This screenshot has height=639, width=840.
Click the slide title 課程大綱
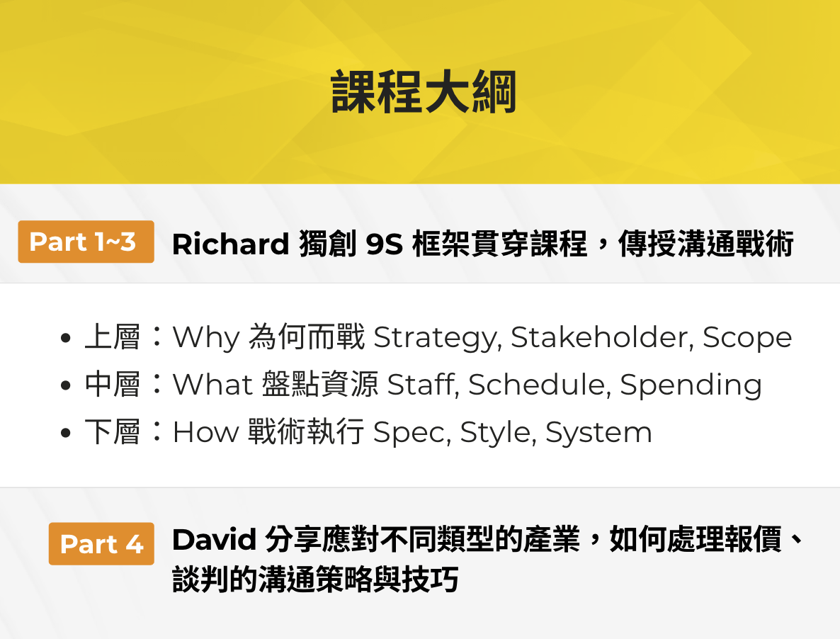pyautogui.click(x=424, y=92)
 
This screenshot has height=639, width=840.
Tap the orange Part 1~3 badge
pyautogui.click(x=86, y=242)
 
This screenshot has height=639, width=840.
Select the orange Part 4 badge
pyautogui.click(x=101, y=543)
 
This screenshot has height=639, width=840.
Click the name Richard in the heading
pyautogui.click(x=230, y=244)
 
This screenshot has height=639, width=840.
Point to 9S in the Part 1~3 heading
pyautogui.click(x=384, y=244)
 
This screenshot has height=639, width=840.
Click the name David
pyautogui.click(x=215, y=539)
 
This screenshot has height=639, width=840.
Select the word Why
pyautogui.click(x=206, y=338)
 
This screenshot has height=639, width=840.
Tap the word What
pyautogui.click(x=212, y=385)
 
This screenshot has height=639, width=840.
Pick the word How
pyautogui.click(x=205, y=431)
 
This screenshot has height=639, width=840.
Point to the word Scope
pyautogui.click(x=747, y=338)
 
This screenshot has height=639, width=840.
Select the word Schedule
pyautogui.click(x=540, y=385)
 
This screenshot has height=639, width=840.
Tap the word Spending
pyautogui.click(x=691, y=385)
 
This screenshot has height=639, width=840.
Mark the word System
pyautogui.click(x=598, y=433)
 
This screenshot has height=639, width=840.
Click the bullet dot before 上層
pyautogui.click(x=66, y=339)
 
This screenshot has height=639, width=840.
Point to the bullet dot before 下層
pyautogui.click(x=66, y=433)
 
